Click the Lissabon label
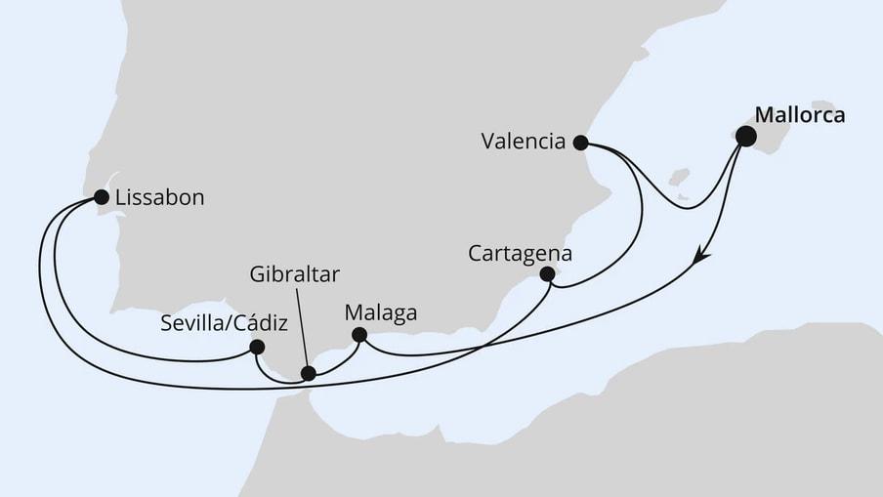(x=158, y=197)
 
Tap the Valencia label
(x=524, y=142)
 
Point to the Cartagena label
(x=520, y=252)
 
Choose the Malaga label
(x=381, y=313)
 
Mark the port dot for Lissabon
(x=101, y=197)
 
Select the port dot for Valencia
(x=580, y=143)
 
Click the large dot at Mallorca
(x=745, y=136)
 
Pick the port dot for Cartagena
(x=547, y=274)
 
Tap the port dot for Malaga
(x=358, y=335)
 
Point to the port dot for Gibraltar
(x=308, y=373)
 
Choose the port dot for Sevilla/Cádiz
(x=257, y=346)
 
